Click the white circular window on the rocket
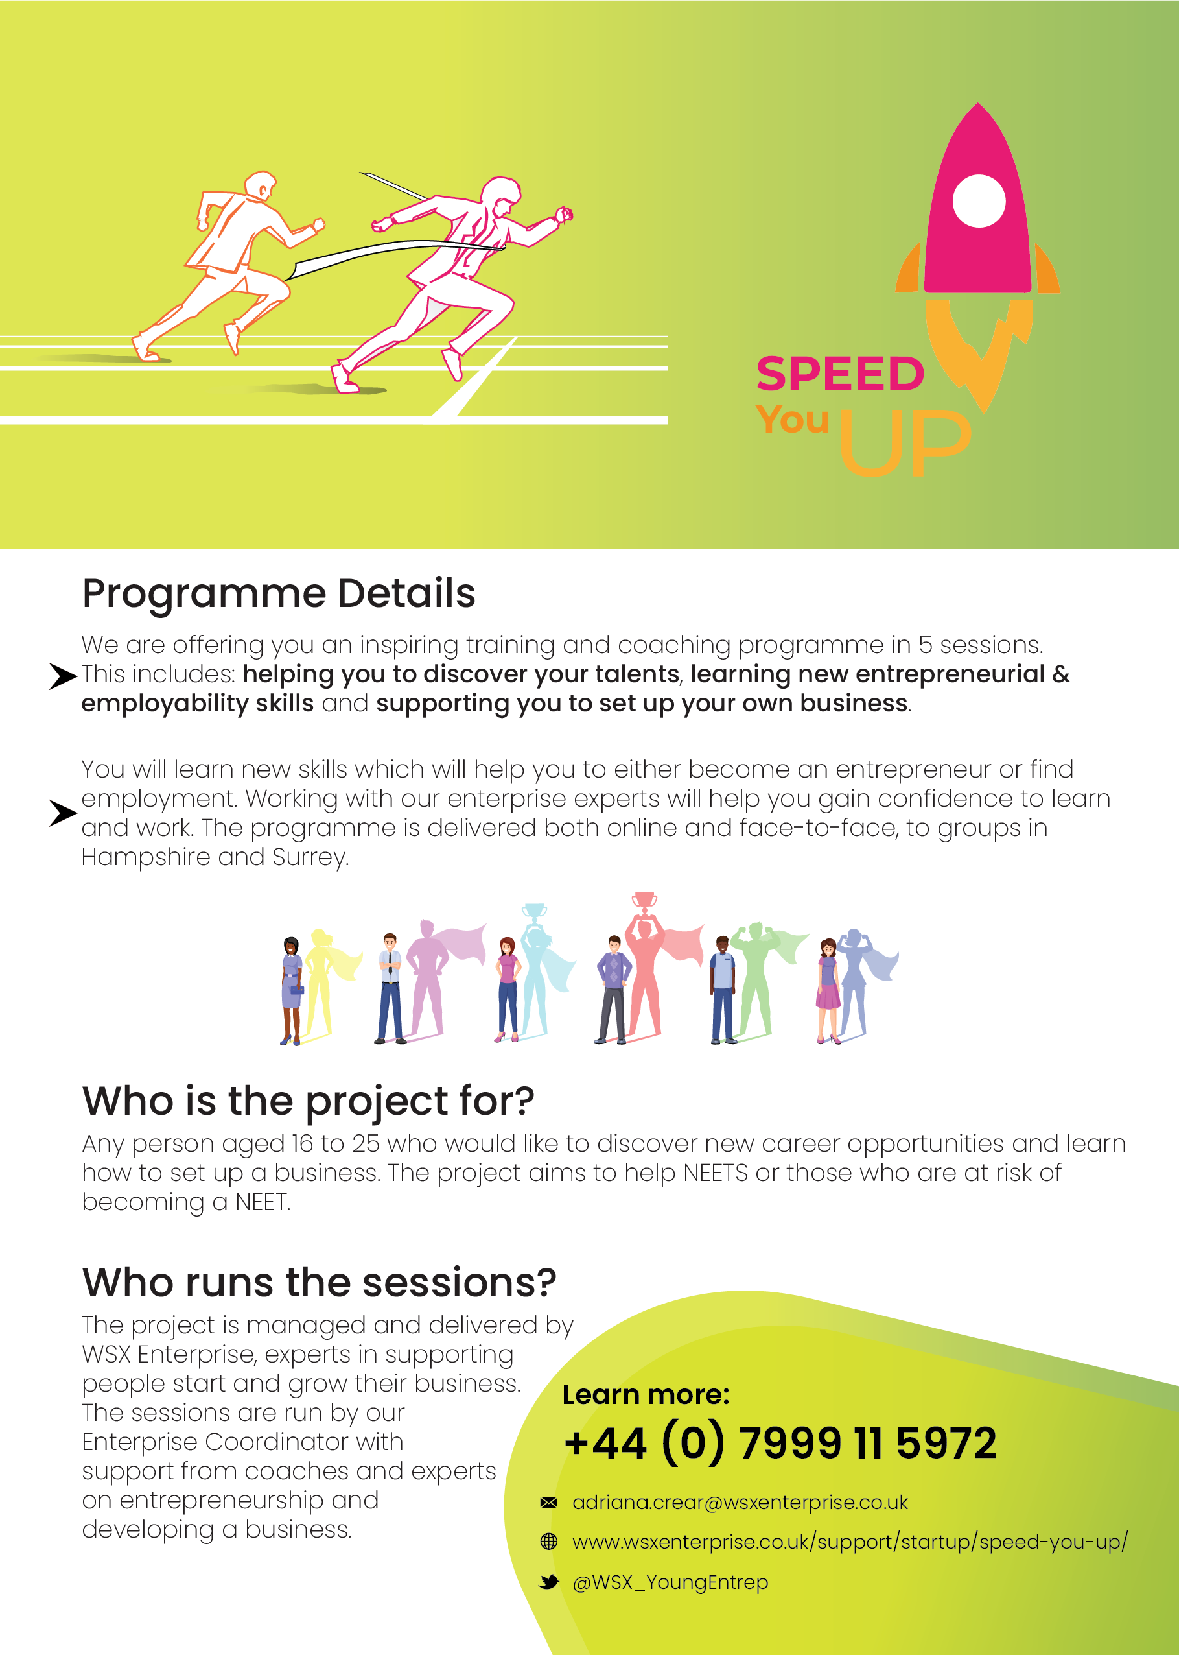(979, 201)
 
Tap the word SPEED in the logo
(840, 374)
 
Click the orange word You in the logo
(792, 420)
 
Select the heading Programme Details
(279, 594)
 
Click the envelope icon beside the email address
(549, 1503)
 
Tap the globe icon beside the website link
(549, 1542)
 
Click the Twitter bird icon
(550, 1582)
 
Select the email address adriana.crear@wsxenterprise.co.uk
(740, 1503)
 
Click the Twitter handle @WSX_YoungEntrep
(670, 1582)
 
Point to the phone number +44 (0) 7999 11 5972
(780, 1443)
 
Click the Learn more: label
(646, 1395)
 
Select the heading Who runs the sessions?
(319, 1283)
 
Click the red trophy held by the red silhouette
(644, 901)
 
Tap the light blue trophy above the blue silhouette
(535, 912)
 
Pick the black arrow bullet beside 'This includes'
(63, 676)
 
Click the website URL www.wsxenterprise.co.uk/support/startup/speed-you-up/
(850, 1542)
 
